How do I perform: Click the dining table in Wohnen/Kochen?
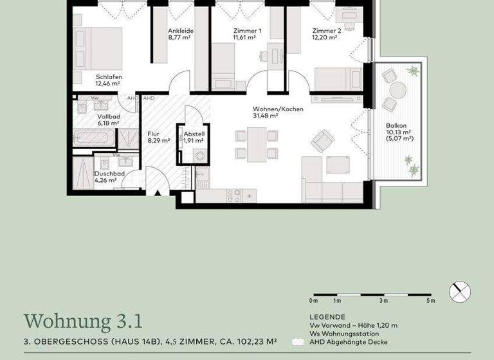coord(257,143)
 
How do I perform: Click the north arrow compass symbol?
coord(460,292)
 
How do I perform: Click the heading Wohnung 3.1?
coord(83,321)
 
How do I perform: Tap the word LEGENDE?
coord(327,317)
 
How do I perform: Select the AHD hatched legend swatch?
coord(298,342)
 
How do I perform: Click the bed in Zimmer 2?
coord(337,79)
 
